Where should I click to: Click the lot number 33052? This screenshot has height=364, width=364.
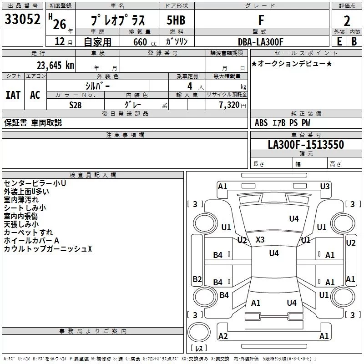[x=23, y=20]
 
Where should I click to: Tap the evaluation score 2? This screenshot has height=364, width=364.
[x=347, y=20]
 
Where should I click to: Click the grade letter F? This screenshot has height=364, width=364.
[x=261, y=20]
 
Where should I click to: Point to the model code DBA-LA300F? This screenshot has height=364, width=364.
[x=260, y=42]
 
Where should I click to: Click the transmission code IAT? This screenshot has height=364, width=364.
[x=13, y=95]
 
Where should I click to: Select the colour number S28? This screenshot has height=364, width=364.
[x=76, y=105]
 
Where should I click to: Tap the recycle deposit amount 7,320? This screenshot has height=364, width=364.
[x=229, y=105]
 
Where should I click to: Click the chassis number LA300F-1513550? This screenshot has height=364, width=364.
[x=306, y=145]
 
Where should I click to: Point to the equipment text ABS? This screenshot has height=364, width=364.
[x=261, y=122]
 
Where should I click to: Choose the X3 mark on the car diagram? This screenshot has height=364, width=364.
[x=260, y=239]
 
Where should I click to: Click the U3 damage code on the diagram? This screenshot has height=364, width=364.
[x=324, y=186]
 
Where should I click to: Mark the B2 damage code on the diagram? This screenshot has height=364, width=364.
[x=197, y=279]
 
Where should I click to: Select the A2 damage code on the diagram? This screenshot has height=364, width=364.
[x=223, y=336]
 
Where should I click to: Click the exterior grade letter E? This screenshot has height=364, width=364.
[x=339, y=42]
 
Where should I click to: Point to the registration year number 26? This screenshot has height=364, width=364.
[x=59, y=23]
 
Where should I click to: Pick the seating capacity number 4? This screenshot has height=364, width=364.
[x=189, y=86]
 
